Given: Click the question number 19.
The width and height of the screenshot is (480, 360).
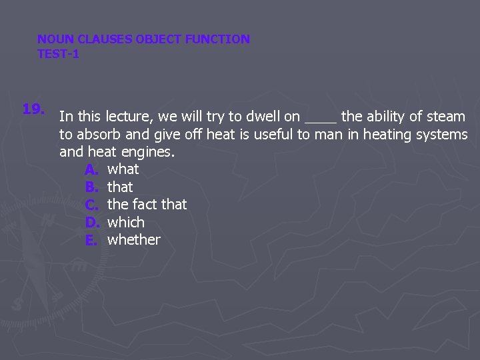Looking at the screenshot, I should click(33, 108).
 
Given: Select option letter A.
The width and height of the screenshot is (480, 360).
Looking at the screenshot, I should click(92, 169).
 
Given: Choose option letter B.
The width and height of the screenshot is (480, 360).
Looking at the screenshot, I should click(92, 187).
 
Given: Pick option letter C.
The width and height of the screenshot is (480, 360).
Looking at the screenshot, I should click(92, 204).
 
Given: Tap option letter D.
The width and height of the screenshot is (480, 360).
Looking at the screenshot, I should click(92, 222).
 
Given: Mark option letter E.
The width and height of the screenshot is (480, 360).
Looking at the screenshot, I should click(92, 239).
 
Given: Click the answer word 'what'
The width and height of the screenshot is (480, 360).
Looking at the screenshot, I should click(123, 169).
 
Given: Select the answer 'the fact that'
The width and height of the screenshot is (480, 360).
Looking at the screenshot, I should click(147, 204).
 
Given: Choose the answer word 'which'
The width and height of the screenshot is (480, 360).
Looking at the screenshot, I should click(125, 222).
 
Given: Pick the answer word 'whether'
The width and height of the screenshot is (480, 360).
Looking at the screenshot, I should click(133, 239).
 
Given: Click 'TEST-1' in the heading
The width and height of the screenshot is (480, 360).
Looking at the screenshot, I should click(58, 54).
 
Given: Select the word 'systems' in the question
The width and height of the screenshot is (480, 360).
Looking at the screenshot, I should click(442, 135).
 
